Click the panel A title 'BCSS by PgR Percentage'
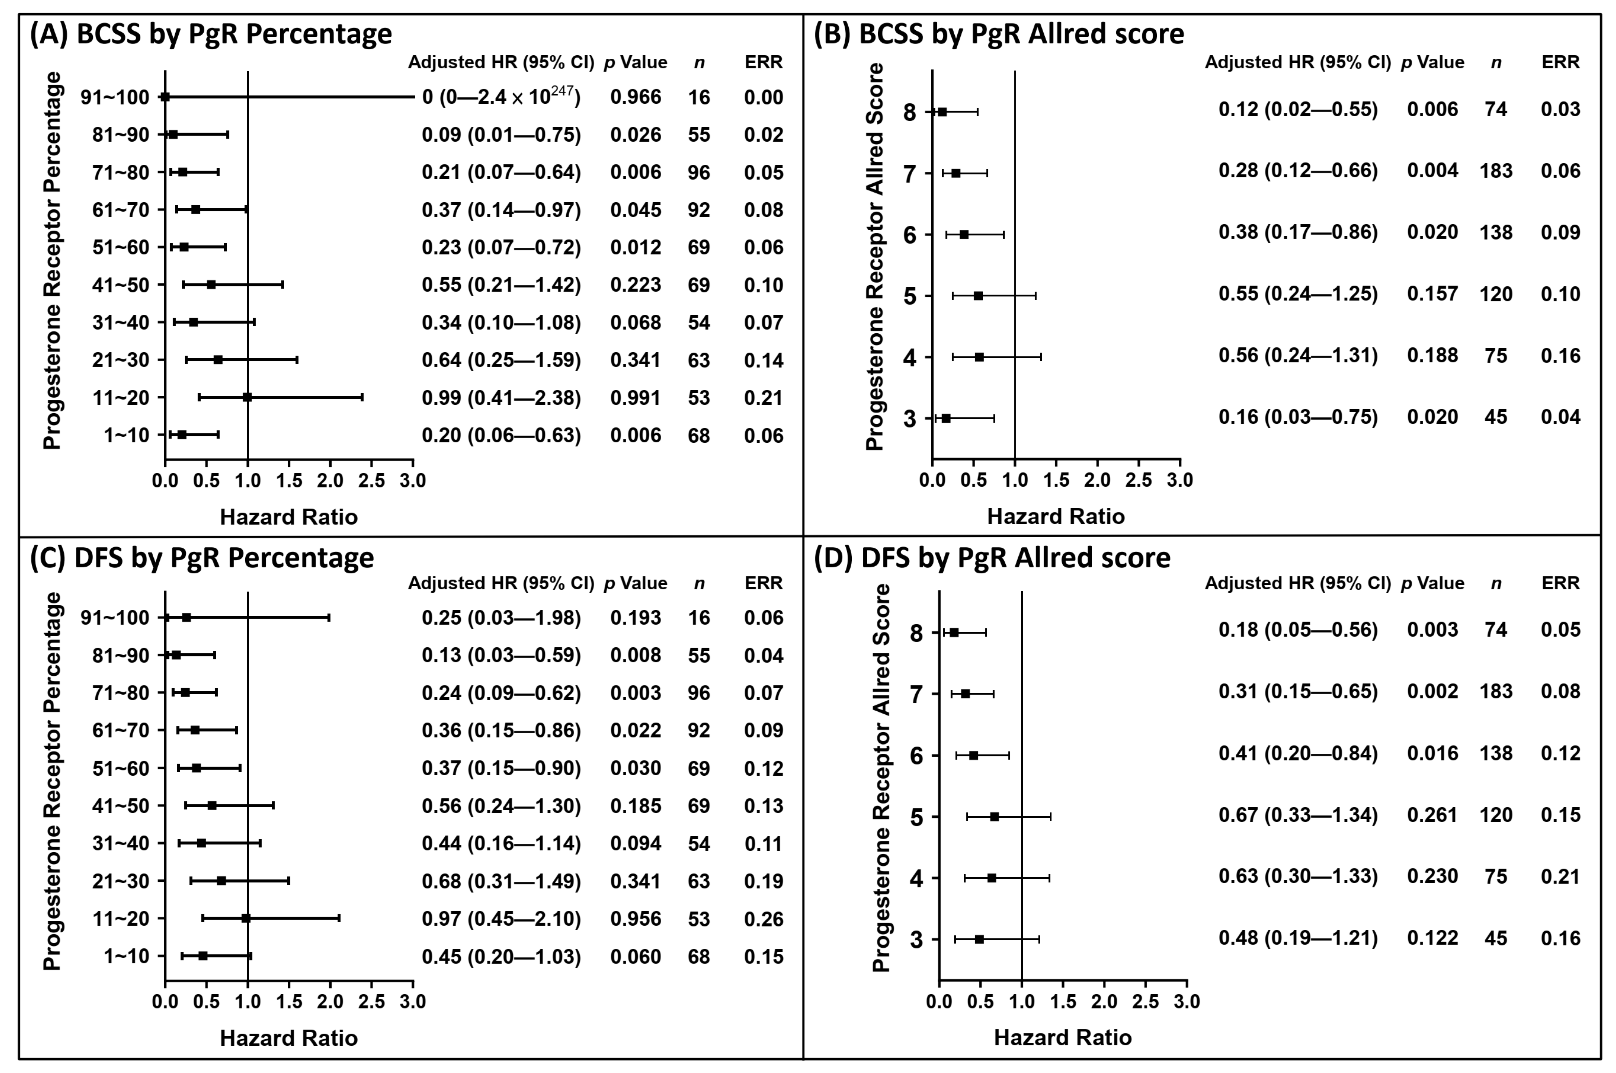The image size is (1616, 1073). pos(234,34)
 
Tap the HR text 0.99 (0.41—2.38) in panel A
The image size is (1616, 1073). pos(501,398)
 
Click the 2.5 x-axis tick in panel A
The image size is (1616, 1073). pos(371,480)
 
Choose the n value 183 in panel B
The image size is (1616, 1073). pos(1496,170)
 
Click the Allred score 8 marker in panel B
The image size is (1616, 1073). pos(942,112)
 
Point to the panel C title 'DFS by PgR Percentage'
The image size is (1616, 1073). pos(224,558)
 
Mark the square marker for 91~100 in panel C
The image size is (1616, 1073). pos(186,617)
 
